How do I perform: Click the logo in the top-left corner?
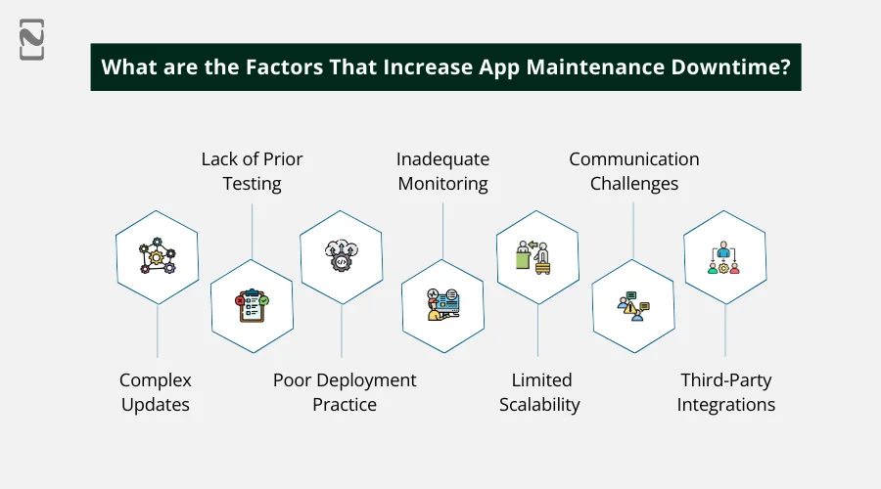pos(31,38)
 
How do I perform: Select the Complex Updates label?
pos(156,392)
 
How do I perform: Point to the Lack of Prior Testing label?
pos(252,171)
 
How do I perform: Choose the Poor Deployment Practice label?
pos(345,392)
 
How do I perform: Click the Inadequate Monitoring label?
pos(442,171)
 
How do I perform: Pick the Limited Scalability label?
pos(540,392)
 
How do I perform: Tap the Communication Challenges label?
pos(634,171)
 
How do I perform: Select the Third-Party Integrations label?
pos(726,392)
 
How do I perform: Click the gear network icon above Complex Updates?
pos(157,257)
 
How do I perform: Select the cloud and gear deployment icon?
pos(341,257)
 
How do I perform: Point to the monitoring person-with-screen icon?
pos(442,304)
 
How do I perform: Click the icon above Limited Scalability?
pos(537,257)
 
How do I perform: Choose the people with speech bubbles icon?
pos(633,304)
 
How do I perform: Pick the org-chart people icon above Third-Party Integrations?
pos(724,257)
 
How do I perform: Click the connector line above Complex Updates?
pos(157,332)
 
